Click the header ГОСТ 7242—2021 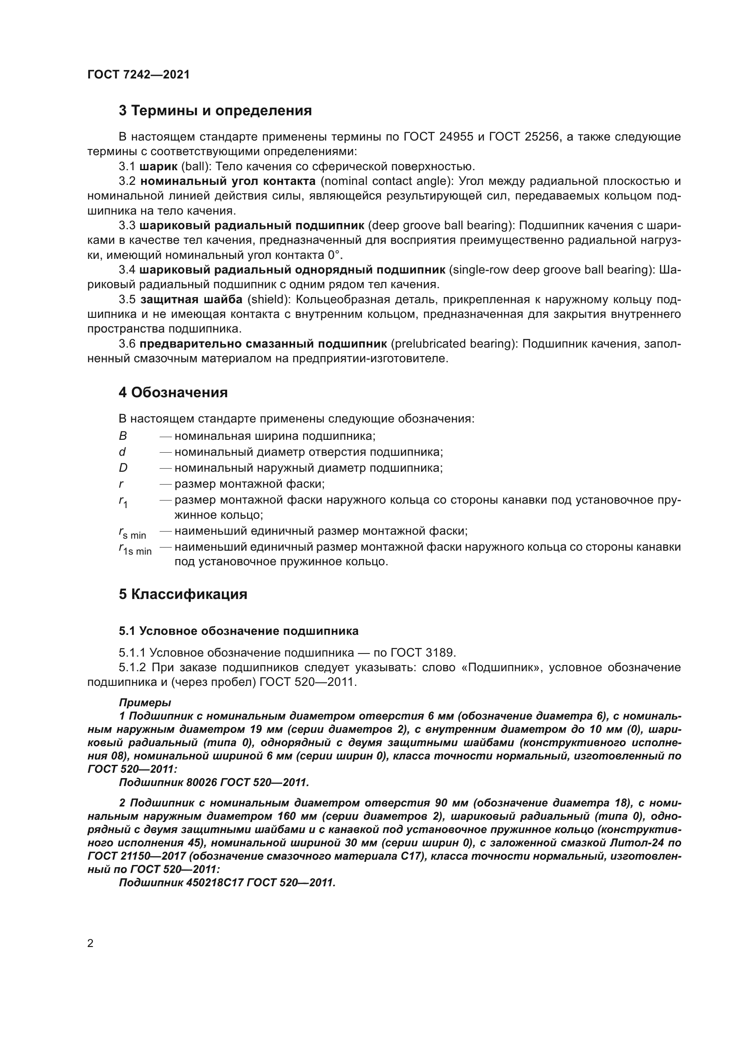pos(138,75)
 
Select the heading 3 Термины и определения pos(215,111)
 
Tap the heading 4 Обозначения pos(173,392)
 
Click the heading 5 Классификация pos(183,594)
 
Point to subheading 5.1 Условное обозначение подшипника pos(239,631)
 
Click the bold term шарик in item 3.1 pos(158,167)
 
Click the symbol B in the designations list pos(123,436)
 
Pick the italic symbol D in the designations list pos(123,468)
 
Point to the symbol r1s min pos(135,549)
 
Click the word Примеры pos(145,703)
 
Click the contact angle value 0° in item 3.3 pos(334,255)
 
